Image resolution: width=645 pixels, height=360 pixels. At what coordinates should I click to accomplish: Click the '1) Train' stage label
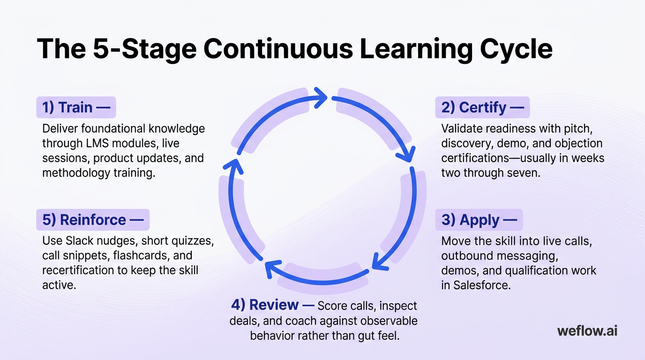(x=75, y=107)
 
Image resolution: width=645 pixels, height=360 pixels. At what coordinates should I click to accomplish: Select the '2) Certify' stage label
(x=482, y=107)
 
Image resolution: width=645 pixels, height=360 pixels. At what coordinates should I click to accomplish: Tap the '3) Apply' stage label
(x=479, y=220)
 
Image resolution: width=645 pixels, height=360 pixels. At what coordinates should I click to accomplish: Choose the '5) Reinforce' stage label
(x=92, y=220)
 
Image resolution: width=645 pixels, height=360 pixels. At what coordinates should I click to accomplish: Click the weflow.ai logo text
(x=587, y=331)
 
